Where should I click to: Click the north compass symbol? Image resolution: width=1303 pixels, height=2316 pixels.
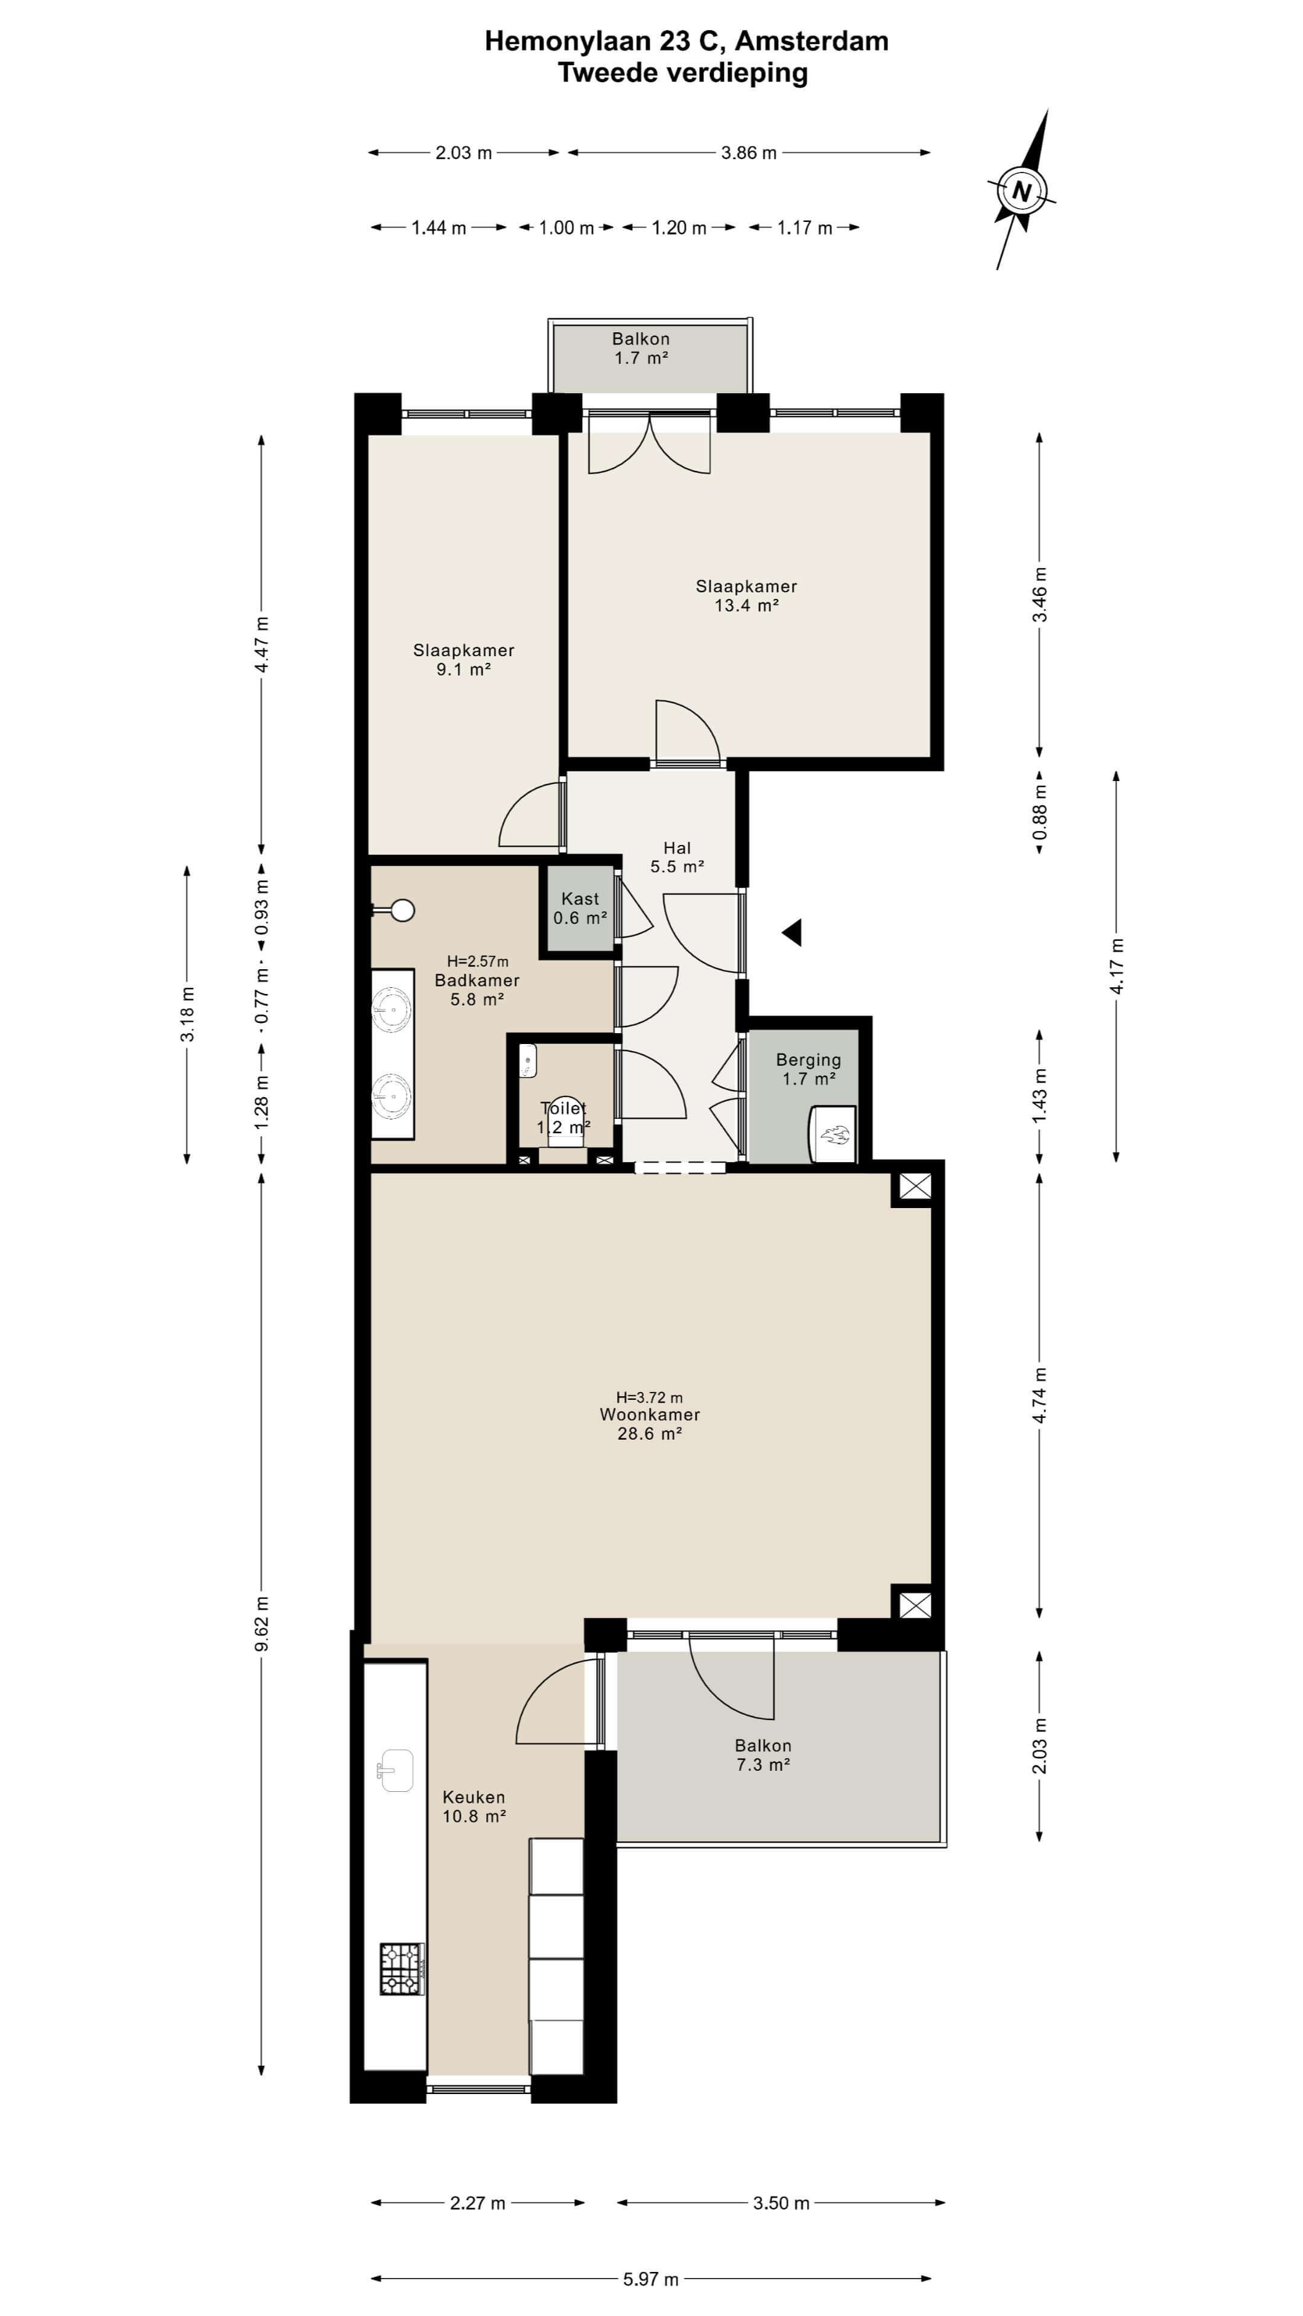point(1021,190)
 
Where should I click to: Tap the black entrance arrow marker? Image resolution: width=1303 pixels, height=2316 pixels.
point(791,932)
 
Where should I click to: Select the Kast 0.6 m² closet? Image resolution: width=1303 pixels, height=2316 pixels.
point(580,908)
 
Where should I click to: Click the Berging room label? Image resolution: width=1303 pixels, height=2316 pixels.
point(808,1060)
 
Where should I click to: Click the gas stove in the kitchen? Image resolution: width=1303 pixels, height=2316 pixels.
point(401,1969)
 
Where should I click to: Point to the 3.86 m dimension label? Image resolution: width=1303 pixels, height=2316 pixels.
point(749,153)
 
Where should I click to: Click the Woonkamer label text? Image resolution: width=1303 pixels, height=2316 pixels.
point(650,1414)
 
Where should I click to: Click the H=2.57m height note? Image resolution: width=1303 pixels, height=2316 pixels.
point(478,961)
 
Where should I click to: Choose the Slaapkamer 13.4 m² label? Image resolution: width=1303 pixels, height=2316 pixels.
point(746,595)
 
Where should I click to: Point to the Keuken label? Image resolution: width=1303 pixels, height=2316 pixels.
point(474,1797)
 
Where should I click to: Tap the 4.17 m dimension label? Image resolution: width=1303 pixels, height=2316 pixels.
point(1117,966)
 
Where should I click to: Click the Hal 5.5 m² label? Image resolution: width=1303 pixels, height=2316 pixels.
point(677,857)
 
